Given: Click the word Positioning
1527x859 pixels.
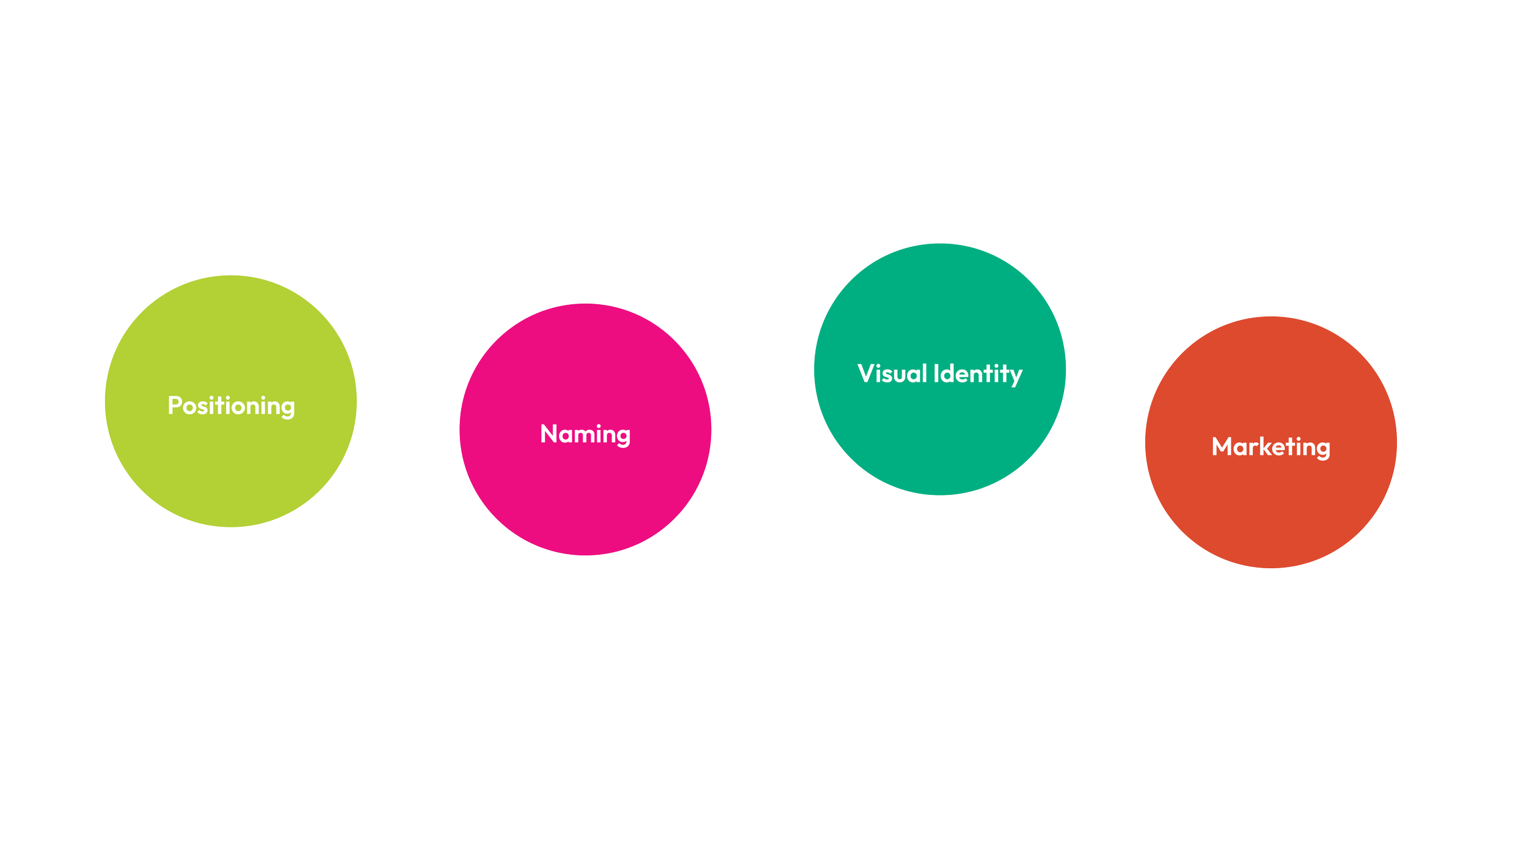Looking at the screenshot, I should click(x=231, y=406).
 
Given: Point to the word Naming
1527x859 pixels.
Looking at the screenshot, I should click(x=585, y=434).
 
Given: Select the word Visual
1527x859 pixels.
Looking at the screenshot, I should click(x=892, y=374).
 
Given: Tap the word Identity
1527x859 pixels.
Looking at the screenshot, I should click(x=978, y=374).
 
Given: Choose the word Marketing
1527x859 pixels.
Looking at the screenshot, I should click(x=1270, y=447).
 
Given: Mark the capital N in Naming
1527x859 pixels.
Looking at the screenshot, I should click(x=548, y=434).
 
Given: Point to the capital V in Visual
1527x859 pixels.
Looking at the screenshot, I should click(x=866, y=373).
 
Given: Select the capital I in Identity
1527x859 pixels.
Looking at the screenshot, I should click(x=936, y=373).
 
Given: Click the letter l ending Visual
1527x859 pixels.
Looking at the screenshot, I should click(x=924, y=373).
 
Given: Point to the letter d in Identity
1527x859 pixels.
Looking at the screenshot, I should click(x=948, y=374).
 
